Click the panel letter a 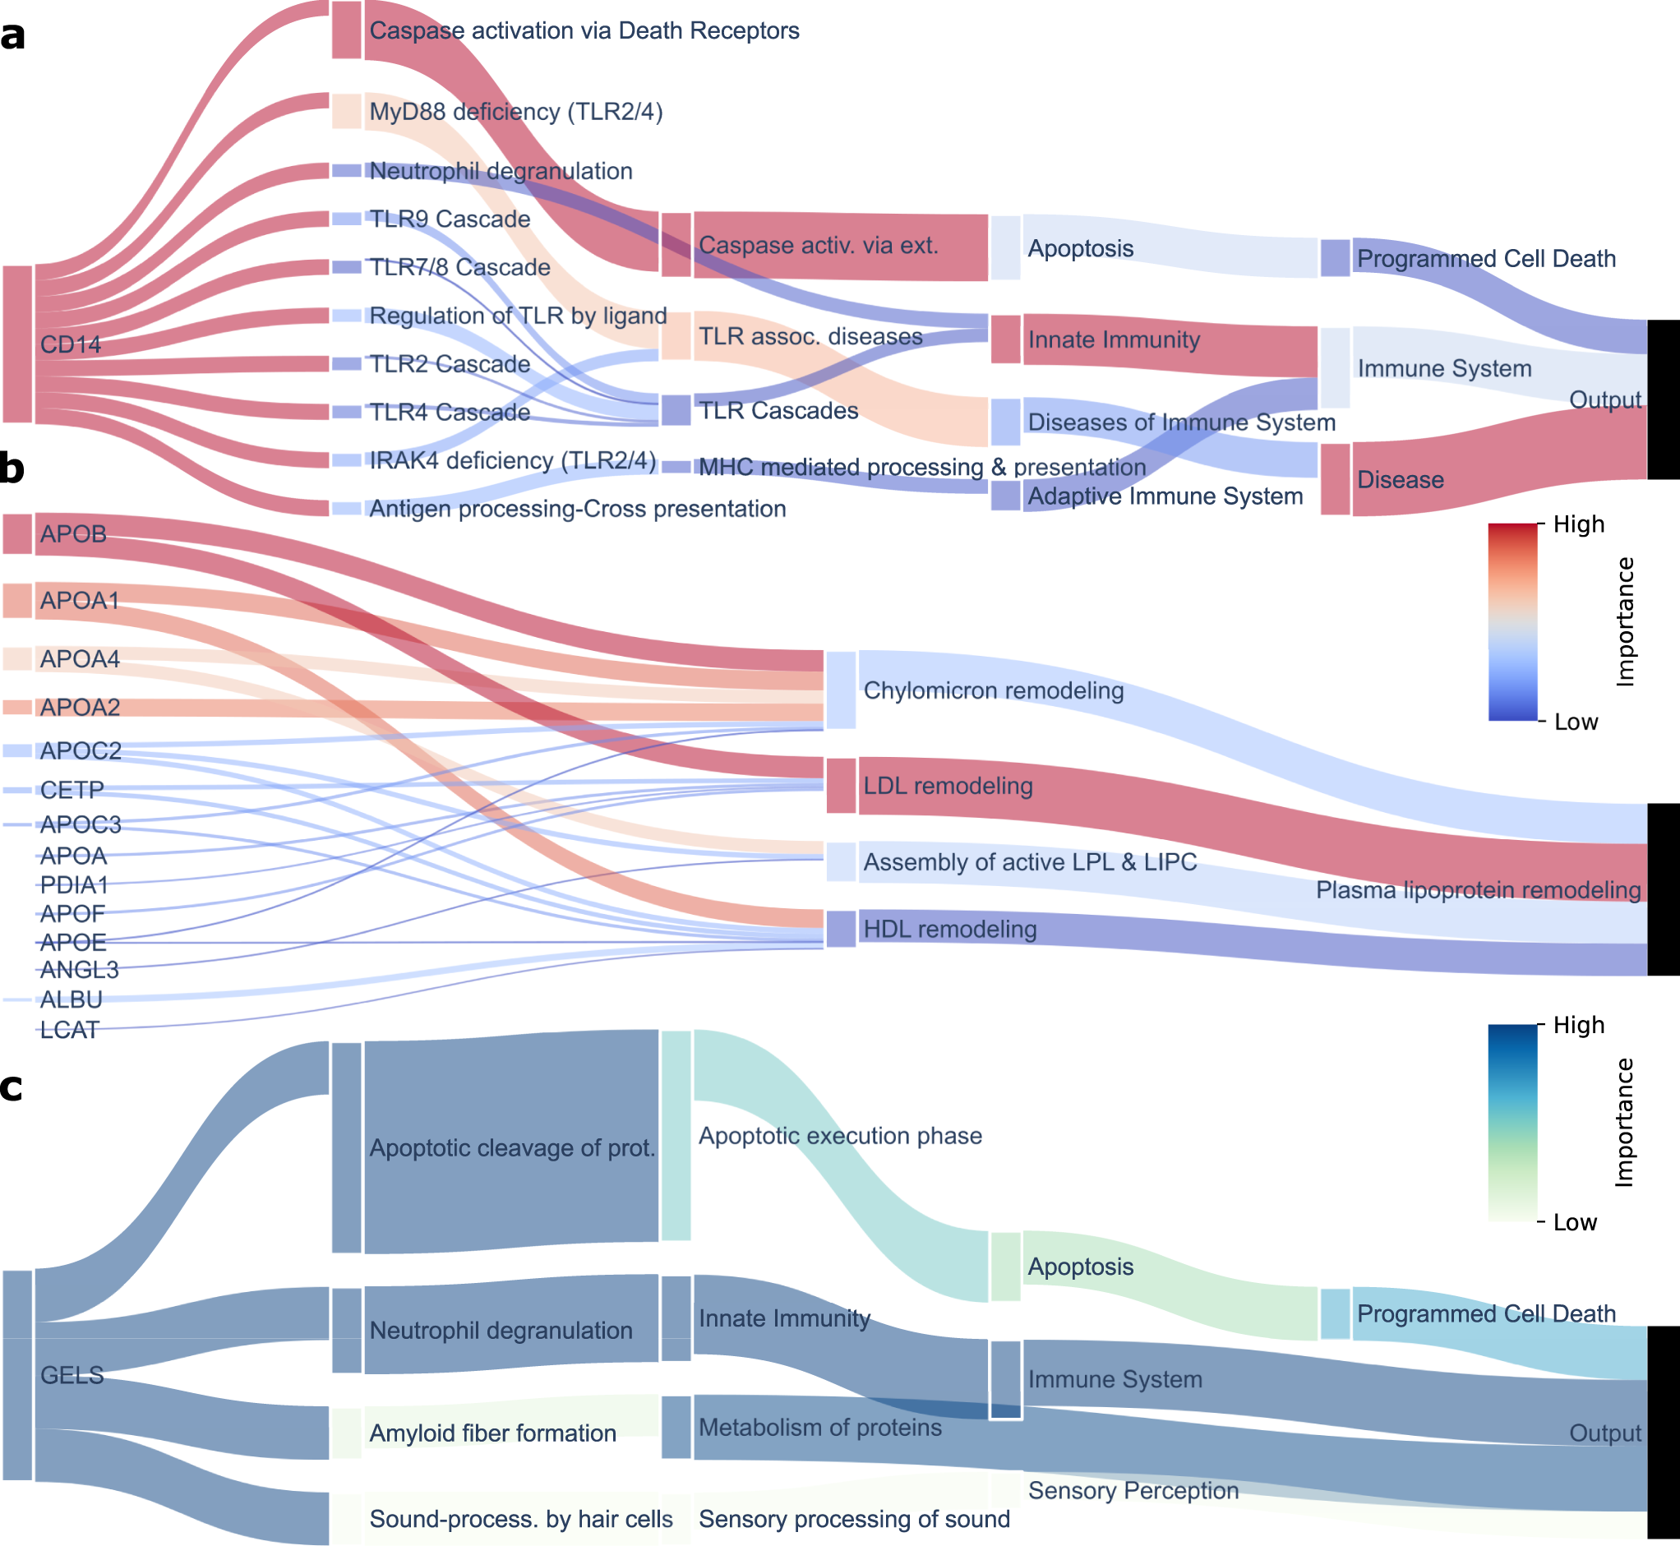tap(12, 37)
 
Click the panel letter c tap(11, 1087)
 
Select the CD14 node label tap(71, 344)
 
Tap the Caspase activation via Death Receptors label tap(584, 31)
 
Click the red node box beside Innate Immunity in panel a tap(1006, 339)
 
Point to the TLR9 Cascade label tap(450, 219)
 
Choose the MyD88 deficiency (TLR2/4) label tap(515, 111)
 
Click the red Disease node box tap(1335, 479)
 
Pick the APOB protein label tap(73, 533)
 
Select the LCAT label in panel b tap(69, 1030)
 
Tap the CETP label tap(72, 790)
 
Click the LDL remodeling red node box tap(841, 786)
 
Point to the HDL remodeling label tap(949, 929)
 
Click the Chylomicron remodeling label tap(993, 690)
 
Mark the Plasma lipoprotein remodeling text tap(1478, 890)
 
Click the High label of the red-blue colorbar tap(1579, 524)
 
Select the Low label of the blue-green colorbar tap(1575, 1222)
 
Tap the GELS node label tap(72, 1375)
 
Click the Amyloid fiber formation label tap(492, 1433)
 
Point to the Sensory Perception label tap(1133, 1490)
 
